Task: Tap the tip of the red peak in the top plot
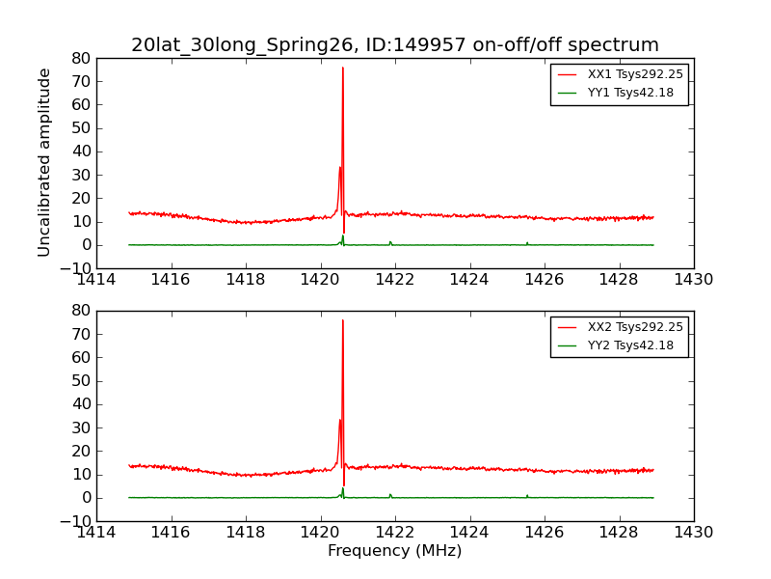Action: (x=342, y=68)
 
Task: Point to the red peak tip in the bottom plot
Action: (x=342, y=320)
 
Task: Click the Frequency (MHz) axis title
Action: (x=394, y=551)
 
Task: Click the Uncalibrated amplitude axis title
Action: (x=44, y=162)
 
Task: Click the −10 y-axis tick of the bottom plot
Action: (x=77, y=521)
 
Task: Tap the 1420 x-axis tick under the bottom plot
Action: (x=320, y=532)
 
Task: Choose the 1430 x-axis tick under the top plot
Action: (x=693, y=279)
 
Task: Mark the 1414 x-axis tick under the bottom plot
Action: (x=96, y=532)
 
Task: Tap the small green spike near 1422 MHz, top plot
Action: (x=390, y=242)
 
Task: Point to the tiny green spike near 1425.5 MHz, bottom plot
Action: (x=527, y=495)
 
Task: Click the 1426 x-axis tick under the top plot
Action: (x=544, y=279)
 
